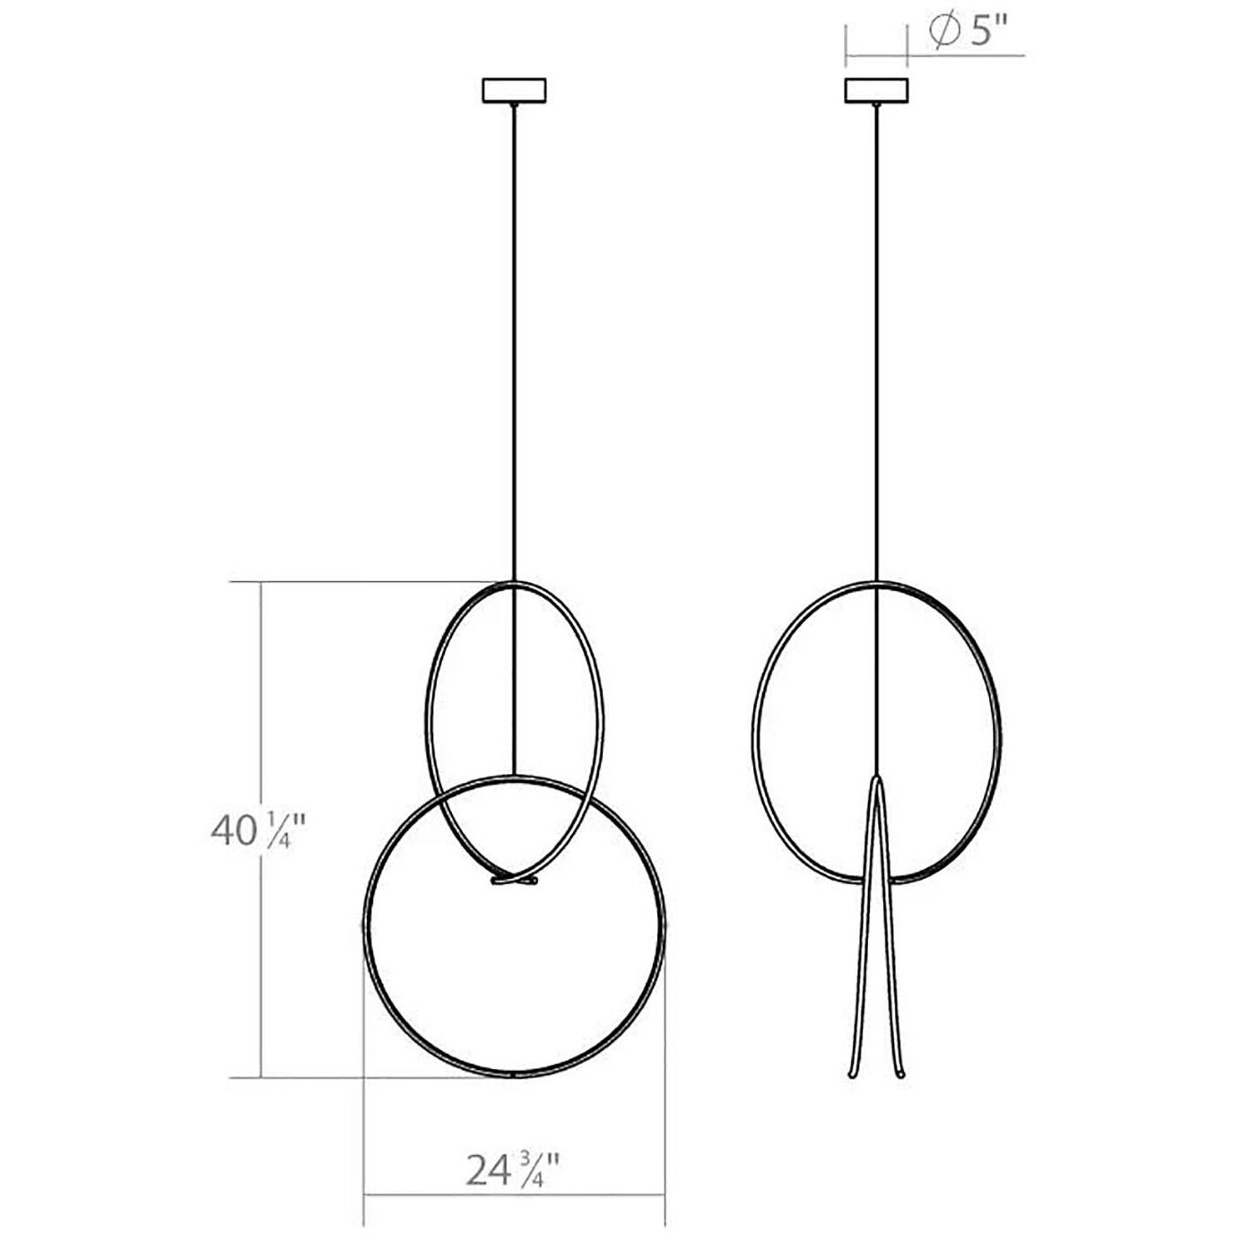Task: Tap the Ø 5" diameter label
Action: click(x=969, y=34)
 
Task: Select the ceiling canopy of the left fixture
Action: click(x=515, y=91)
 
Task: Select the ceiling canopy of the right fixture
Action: click(x=877, y=91)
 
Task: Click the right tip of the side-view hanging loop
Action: click(x=899, y=1073)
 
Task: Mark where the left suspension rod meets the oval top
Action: click(x=514, y=583)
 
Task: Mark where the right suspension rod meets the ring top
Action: click(x=877, y=582)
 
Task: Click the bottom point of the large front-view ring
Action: click(x=513, y=1074)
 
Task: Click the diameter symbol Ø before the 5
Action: click(x=941, y=34)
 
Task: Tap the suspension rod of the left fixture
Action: click(x=514, y=341)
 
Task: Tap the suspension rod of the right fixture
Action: click(x=877, y=341)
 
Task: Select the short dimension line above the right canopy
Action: click(x=877, y=55)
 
